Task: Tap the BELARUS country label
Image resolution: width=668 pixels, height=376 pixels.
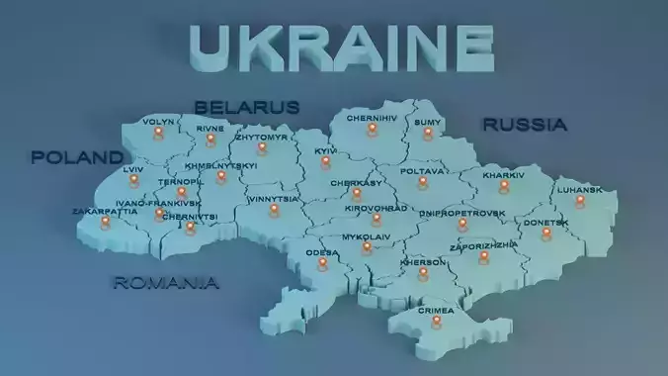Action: coord(247,107)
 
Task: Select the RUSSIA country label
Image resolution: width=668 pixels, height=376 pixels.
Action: coord(524,125)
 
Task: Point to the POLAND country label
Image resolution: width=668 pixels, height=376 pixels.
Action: coord(77,157)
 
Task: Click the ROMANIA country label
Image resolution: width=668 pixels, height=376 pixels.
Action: coord(166,283)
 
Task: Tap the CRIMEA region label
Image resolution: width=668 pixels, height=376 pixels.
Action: coord(436,310)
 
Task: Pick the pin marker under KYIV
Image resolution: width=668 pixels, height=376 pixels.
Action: coord(325,164)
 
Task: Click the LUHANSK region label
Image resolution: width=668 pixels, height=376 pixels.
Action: coord(579,189)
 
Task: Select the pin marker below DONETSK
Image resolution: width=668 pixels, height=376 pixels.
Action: coord(546,234)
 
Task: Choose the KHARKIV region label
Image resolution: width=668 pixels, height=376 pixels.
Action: coord(504,175)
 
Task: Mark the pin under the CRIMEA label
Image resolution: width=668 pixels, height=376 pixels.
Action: coord(436,323)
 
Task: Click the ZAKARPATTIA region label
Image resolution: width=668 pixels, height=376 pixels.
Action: coord(105,211)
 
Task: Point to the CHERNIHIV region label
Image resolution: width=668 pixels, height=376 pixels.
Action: coord(373,118)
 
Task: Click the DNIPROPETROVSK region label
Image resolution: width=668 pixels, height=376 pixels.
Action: coord(461,213)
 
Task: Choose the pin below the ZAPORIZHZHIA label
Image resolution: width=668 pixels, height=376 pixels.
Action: coord(484,257)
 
